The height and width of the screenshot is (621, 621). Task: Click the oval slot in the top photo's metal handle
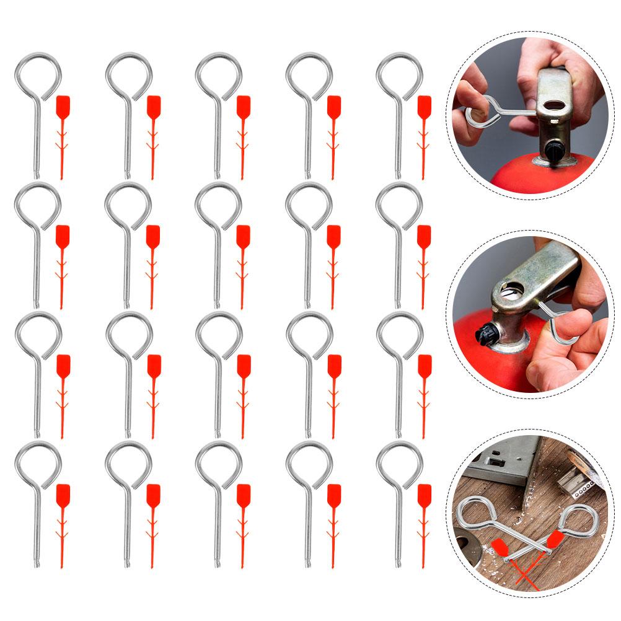(557, 90)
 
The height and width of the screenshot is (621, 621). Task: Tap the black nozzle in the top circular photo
(555, 149)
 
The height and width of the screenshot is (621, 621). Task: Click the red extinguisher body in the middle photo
(490, 366)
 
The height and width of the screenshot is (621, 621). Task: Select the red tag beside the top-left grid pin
(63, 106)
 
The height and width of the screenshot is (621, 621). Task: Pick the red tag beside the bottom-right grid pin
(425, 495)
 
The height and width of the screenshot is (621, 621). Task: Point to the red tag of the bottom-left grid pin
(63, 495)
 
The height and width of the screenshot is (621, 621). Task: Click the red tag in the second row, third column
(244, 236)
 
